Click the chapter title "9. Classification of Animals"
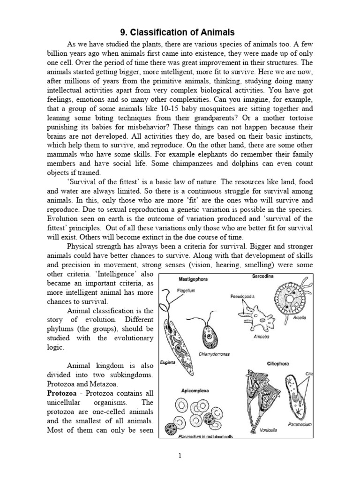pyautogui.click(x=180, y=32)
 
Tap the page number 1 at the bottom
pyautogui.click(x=180, y=455)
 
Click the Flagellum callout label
pyautogui.click(x=186, y=291)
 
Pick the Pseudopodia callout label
pyautogui.click(x=242, y=296)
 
